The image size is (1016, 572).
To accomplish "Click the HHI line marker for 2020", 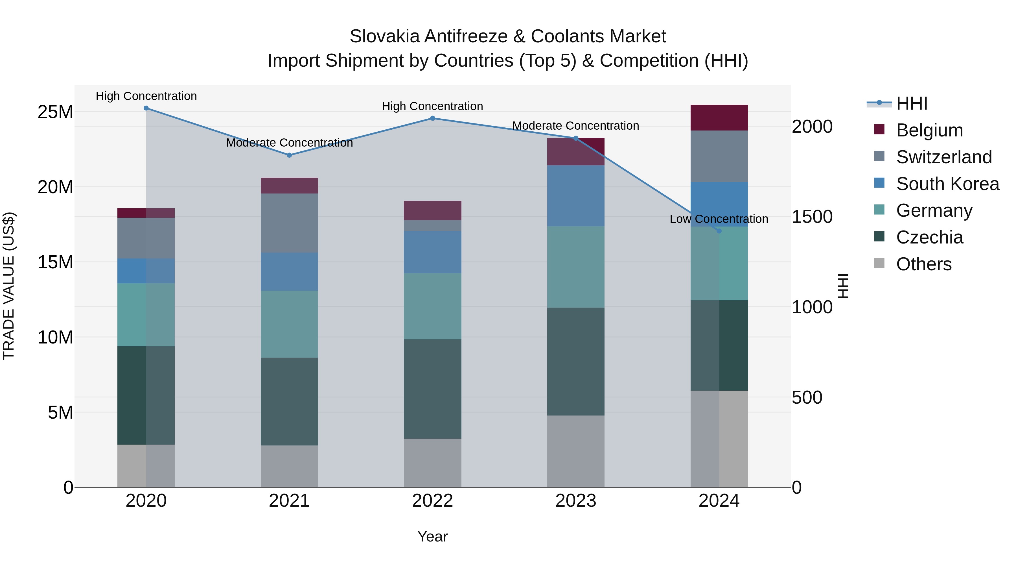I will (x=146, y=108).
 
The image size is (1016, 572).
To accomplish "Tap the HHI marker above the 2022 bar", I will (x=432, y=118).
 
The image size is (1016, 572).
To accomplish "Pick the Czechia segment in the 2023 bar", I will (x=575, y=361).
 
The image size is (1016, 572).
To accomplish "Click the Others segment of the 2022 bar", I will (x=432, y=463).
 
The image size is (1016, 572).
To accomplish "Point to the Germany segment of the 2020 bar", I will (x=146, y=315).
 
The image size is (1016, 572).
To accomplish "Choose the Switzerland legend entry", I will (x=943, y=157).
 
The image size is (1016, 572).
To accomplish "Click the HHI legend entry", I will (x=911, y=103).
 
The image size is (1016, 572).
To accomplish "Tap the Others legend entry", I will (x=923, y=264).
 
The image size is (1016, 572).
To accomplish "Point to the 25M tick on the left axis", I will (x=55, y=112).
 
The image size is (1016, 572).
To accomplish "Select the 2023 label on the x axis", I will (x=575, y=501).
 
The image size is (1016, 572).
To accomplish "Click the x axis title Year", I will (x=432, y=536).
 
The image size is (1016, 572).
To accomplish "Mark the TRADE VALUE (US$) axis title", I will (x=9, y=286).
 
